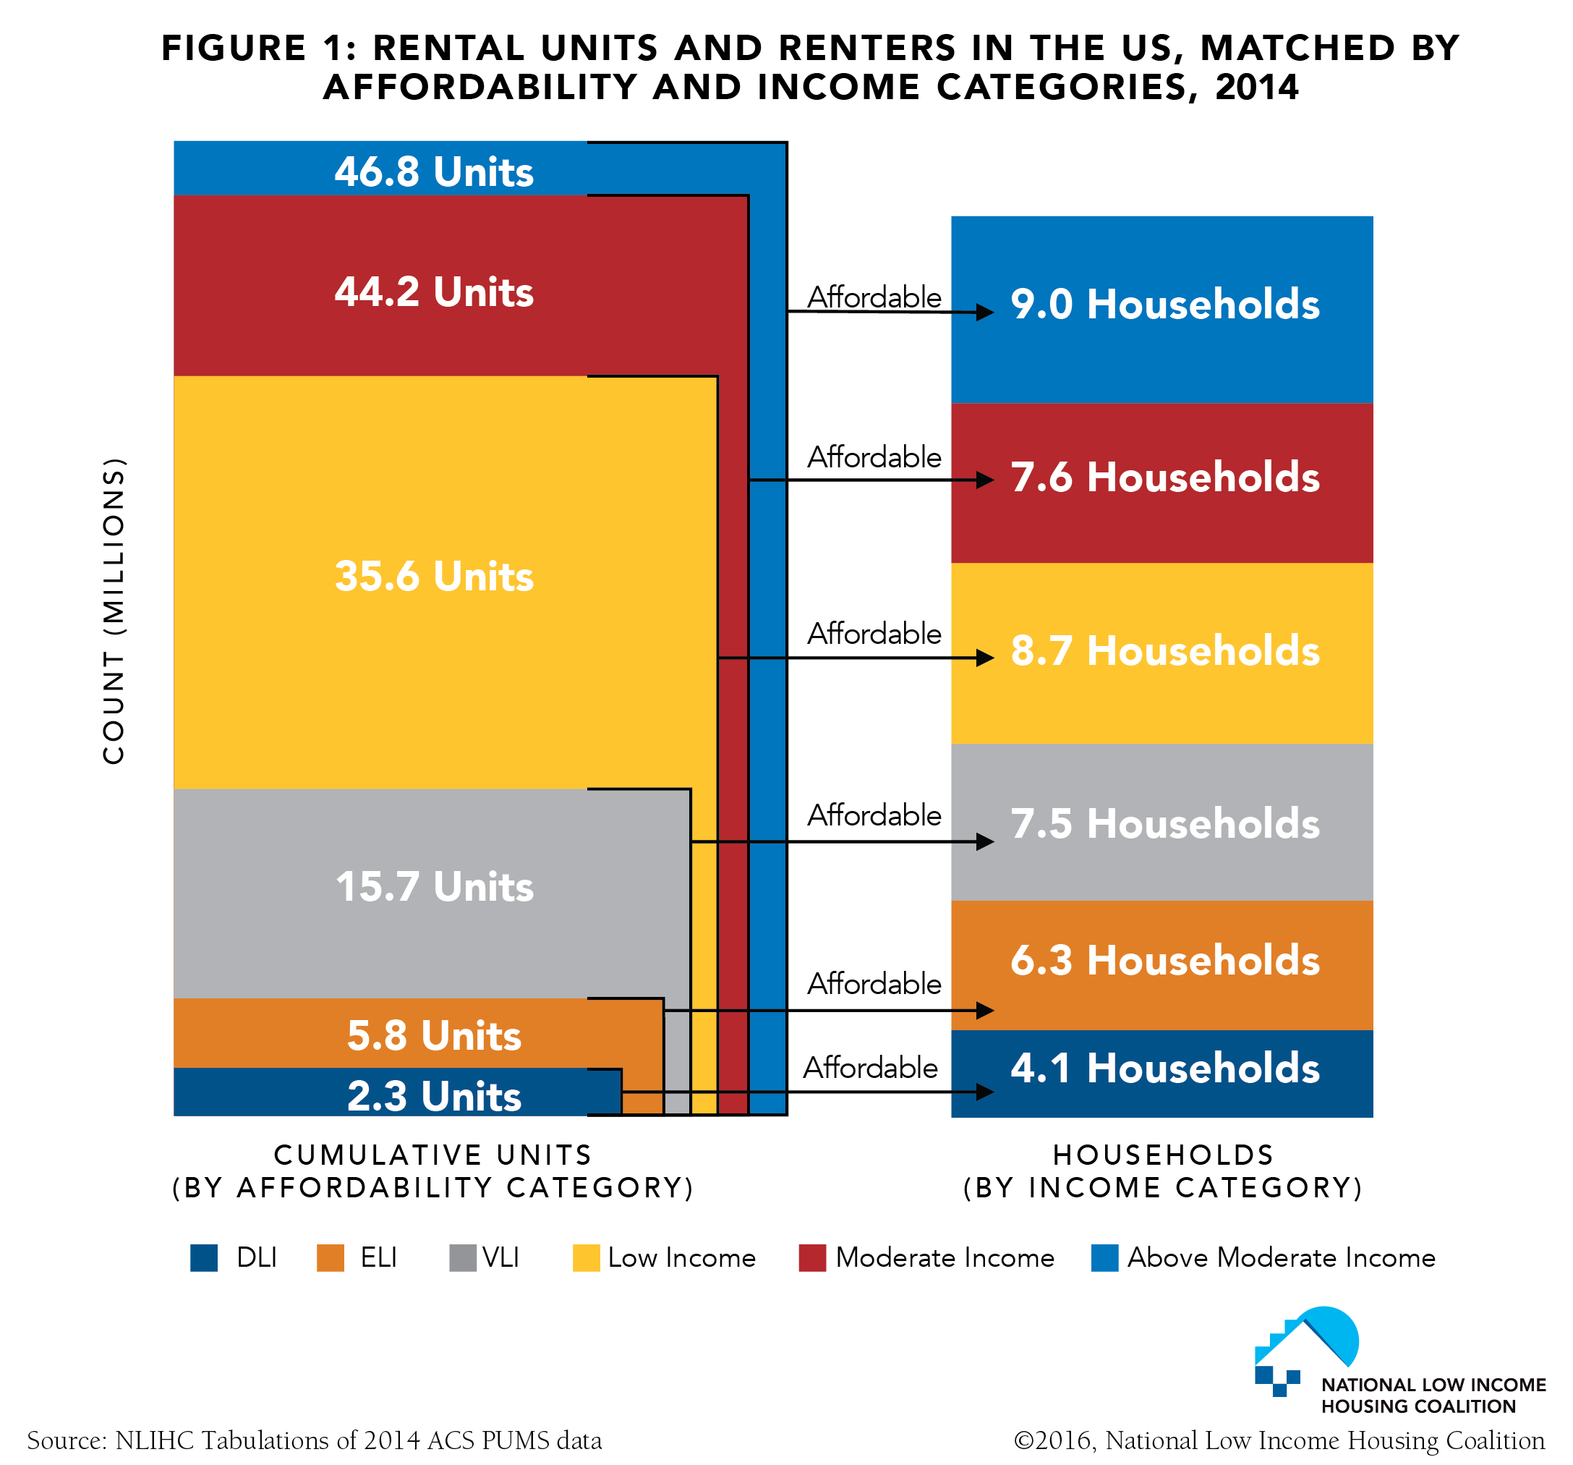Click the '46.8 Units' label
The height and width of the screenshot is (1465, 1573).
(x=434, y=171)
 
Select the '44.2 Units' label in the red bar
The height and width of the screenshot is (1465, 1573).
(x=434, y=292)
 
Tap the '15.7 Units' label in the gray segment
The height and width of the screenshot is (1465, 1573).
(x=434, y=886)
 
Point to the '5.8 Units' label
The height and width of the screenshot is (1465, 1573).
(x=434, y=1035)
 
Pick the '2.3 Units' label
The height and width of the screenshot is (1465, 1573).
(x=434, y=1096)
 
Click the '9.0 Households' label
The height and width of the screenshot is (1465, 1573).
(x=1164, y=305)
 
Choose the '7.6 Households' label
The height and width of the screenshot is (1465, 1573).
(x=1164, y=477)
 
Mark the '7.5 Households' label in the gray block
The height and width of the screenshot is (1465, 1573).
(x=1164, y=824)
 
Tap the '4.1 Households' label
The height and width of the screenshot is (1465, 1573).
(x=1164, y=1069)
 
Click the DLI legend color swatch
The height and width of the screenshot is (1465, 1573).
(x=204, y=1257)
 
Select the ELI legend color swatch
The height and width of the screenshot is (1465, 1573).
(x=331, y=1257)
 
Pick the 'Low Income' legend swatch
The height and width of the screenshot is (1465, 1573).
(x=587, y=1257)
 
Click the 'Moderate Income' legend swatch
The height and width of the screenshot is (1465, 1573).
(x=813, y=1257)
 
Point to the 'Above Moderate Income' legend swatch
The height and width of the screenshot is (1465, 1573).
(x=1104, y=1257)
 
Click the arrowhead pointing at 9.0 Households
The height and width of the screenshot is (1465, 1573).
(x=984, y=313)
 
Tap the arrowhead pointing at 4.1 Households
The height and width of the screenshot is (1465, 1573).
(x=984, y=1092)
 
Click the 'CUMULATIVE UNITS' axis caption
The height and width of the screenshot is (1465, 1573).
(x=432, y=1155)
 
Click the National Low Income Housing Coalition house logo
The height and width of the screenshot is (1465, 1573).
(x=1306, y=1350)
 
